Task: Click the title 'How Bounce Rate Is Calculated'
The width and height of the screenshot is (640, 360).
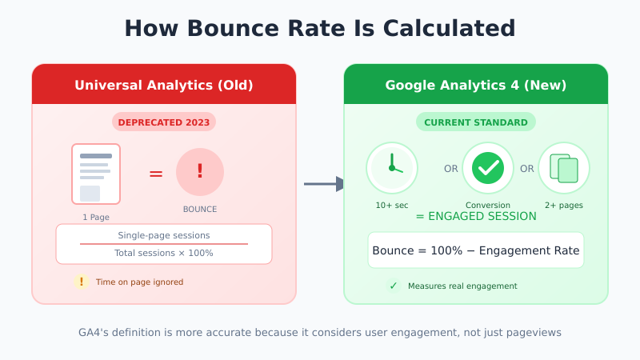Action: (x=320, y=28)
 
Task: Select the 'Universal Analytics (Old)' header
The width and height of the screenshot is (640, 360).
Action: (x=164, y=85)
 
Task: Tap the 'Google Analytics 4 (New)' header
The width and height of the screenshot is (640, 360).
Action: (x=476, y=85)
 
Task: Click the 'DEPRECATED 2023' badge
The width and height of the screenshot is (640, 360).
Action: (x=164, y=122)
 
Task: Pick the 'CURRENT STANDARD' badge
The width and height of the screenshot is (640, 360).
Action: (x=476, y=122)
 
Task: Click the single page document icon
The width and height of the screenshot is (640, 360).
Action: (x=96, y=174)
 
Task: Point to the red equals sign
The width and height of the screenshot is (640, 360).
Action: (x=156, y=174)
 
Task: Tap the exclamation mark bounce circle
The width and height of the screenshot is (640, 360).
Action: (x=200, y=172)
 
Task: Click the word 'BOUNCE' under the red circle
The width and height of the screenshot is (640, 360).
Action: (x=200, y=210)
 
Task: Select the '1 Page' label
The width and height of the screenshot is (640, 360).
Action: (x=96, y=217)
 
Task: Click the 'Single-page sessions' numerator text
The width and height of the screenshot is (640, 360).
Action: (x=164, y=235)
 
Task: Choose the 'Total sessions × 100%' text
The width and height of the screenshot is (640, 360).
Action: (x=164, y=253)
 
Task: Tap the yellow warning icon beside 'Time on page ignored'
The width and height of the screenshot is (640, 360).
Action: (x=81, y=282)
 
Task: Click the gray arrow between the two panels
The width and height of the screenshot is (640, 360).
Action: (x=324, y=184)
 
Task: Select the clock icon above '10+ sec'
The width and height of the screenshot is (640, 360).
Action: (x=392, y=168)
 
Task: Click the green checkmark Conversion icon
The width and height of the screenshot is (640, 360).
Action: (x=488, y=168)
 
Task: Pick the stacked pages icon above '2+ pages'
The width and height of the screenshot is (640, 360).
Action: (x=564, y=168)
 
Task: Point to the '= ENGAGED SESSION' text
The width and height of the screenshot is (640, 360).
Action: (x=476, y=216)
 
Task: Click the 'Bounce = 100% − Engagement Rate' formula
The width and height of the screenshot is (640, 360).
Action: (x=476, y=250)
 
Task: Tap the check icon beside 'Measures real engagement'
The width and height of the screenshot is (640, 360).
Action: (x=393, y=286)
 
